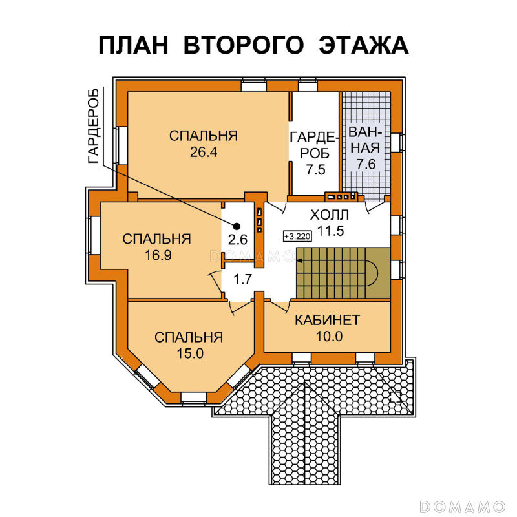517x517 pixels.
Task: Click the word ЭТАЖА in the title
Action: point(364,45)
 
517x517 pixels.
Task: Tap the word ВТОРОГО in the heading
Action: point(243,45)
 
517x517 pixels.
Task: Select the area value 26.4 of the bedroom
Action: point(204,153)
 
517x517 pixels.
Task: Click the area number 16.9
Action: point(158,255)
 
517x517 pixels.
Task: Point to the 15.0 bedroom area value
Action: point(190,353)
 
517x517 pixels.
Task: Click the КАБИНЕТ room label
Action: point(328,320)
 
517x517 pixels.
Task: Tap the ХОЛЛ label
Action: point(329,215)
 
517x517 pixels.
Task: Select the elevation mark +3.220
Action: point(297,237)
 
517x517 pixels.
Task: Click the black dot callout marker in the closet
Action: point(237,226)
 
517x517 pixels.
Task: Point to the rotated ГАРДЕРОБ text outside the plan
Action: point(94,126)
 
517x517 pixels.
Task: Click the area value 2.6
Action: point(238,240)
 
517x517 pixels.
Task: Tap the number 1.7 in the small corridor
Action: point(243,280)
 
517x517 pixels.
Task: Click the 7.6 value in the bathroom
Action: point(366,164)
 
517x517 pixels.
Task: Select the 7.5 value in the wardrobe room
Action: point(315,170)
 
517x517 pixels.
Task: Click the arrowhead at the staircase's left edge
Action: point(299,260)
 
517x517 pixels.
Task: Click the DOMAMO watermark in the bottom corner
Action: point(463,507)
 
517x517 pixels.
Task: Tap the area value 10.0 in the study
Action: point(329,336)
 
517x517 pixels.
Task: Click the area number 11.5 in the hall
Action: point(330,231)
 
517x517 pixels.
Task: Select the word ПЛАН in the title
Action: point(133,45)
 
